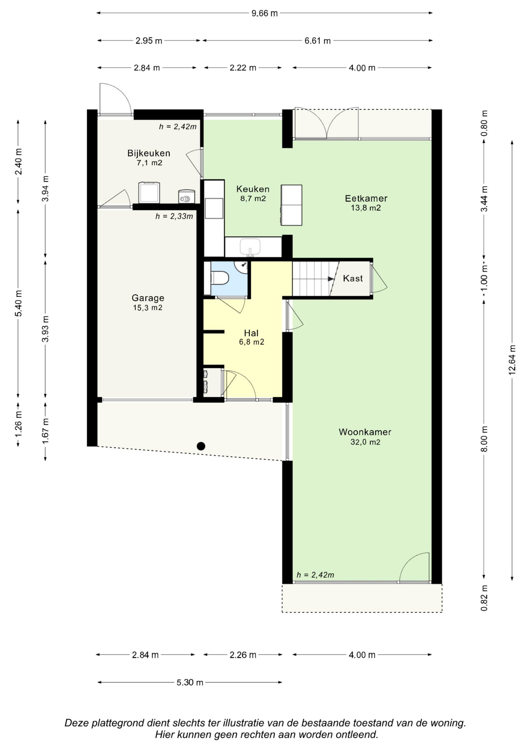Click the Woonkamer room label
(365, 432)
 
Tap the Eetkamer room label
(366, 198)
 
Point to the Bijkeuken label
(149, 153)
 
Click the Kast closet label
(353, 278)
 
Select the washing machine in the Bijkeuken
(149, 192)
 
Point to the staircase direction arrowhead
(331, 279)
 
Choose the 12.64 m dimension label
(512, 360)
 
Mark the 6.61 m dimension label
(318, 41)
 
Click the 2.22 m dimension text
(243, 68)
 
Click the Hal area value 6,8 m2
(252, 342)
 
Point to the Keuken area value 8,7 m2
(253, 198)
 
